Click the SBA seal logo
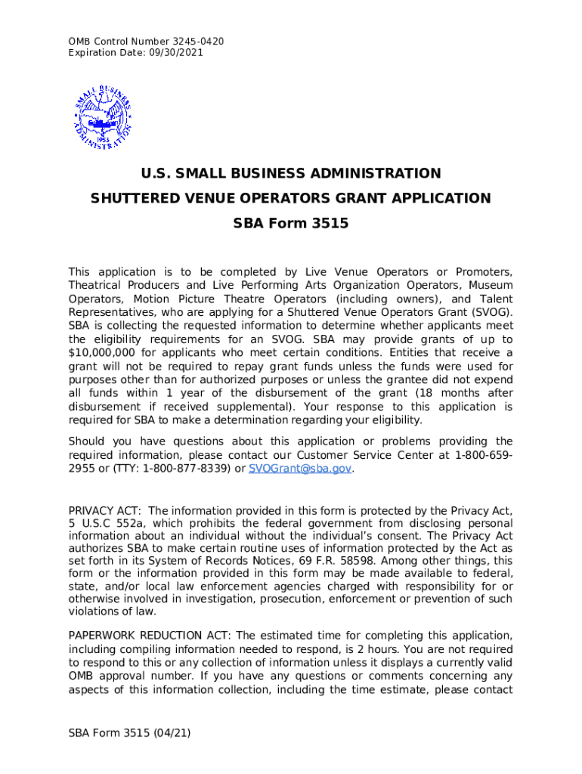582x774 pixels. pos(104,114)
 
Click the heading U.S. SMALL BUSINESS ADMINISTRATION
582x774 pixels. pos(291,174)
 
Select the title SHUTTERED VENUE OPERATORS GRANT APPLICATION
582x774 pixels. pos(291,199)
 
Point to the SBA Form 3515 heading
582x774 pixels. pos(291,224)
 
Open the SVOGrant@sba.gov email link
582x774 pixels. pos(300,469)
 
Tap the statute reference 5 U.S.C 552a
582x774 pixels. pos(106,524)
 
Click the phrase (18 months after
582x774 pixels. pos(465,393)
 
